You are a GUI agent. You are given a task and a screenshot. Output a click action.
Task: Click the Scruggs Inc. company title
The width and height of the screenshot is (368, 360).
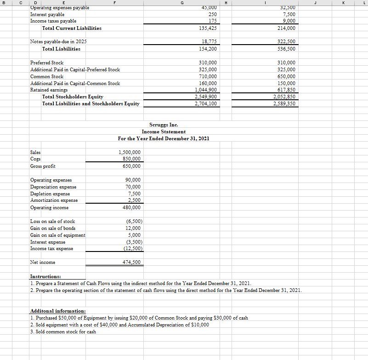(164, 125)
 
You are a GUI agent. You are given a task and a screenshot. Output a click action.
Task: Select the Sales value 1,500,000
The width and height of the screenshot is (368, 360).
(130, 152)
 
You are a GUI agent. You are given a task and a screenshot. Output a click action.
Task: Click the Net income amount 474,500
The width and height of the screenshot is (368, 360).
(131, 262)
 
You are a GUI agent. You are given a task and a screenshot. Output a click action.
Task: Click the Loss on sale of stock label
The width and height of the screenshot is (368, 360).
(52, 222)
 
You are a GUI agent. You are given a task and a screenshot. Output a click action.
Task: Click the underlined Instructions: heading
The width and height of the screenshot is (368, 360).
(45, 277)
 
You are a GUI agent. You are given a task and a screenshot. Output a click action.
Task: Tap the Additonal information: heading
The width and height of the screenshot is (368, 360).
(57, 311)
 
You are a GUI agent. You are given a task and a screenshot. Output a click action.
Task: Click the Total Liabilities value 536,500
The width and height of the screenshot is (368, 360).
(286, 49)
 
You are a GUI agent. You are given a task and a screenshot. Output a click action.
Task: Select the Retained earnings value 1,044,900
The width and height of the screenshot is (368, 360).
(206, 90)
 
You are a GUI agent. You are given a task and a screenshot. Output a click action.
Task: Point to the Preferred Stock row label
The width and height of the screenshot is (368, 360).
(46, 63)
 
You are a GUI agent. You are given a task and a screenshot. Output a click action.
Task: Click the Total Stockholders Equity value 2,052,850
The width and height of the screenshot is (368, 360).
(284, 97)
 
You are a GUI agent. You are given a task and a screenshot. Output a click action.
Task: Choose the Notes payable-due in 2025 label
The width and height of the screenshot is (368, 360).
(58, 42)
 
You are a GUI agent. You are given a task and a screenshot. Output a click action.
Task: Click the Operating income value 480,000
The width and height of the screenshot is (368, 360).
(133, 207)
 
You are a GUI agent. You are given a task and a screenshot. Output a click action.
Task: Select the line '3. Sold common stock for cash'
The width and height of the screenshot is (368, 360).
(63, 331)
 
